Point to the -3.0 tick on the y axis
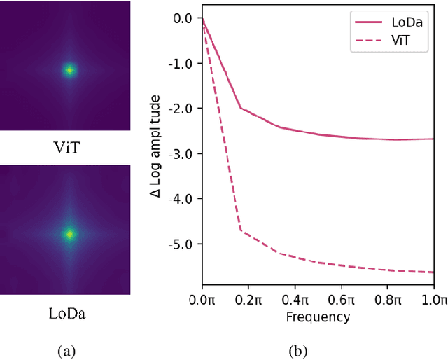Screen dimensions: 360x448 click(x=181, y=153)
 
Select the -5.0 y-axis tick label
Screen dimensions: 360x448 click(x=181, y=244)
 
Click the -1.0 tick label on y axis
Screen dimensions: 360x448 click(x=181, y=63)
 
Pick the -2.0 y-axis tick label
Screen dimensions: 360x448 click(x=181, y=109)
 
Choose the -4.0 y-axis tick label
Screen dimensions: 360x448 click(x=181, y=199)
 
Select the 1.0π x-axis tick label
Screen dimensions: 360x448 click(x=434, y=301)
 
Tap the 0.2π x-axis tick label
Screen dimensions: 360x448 click(x=248, y=301)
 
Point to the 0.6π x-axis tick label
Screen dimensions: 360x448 click(x=342, y=301)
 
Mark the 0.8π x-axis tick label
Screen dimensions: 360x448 click(x=388, y=301)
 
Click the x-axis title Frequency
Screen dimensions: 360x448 click(x=318, y=317)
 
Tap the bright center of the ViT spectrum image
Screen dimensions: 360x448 click(x=69, y=70)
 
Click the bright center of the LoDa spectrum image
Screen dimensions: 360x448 click(x=69, y=235)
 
